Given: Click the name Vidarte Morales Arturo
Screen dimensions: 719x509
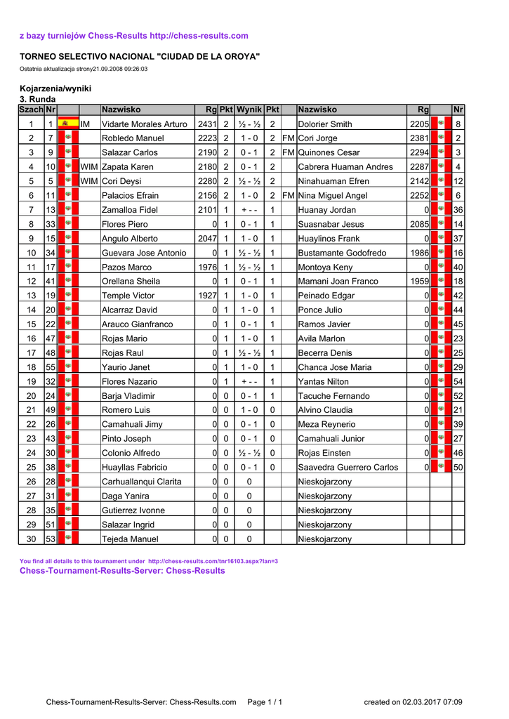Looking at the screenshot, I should click(x=145, y=124).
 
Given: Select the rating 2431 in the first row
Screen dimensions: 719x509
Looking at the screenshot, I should click(x=207, y=124).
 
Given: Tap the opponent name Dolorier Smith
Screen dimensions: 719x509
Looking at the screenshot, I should click(x=325, y=124).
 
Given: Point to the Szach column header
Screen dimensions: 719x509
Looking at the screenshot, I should click(x=31, y=110).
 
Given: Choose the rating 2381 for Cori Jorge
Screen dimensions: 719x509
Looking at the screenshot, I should click(x=419, y=138).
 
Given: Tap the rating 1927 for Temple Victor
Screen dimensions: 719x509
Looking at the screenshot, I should click(x=207, y=296).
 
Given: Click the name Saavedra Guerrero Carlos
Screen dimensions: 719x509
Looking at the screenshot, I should click(x=348, y=468).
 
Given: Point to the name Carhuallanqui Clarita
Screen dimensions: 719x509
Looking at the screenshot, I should click(x=141, y=482).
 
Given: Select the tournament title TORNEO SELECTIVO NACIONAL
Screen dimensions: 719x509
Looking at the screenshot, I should click(x=139, y=56).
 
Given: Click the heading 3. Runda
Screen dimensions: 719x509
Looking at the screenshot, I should click(x=37, y=99).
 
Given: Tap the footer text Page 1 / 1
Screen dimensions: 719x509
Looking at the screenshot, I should click(x=265, y=702).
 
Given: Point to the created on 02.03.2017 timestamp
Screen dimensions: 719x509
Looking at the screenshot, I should click(x=413, y=702).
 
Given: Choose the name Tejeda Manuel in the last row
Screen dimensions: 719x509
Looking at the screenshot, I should click(x=130, y=539).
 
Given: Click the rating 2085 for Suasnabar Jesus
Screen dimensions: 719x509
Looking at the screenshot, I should click(x=419, y=224).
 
